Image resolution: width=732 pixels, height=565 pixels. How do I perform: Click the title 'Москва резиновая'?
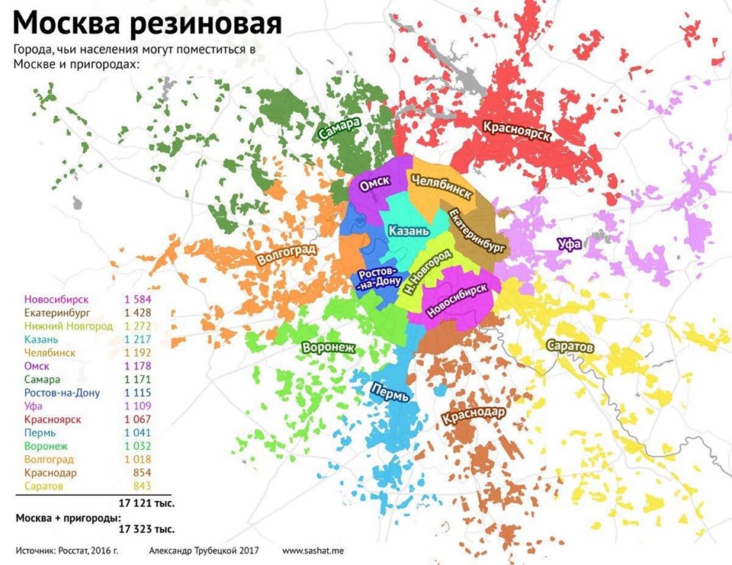click(x=147, y=23)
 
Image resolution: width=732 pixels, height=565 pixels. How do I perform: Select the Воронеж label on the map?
click(x=329, y=347)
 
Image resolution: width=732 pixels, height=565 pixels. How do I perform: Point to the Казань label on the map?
click(x=409, y=230)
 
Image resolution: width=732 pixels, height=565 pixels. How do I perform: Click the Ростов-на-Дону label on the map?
click(x=377, y=279)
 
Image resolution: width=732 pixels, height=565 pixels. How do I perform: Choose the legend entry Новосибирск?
click(x=57, y=299)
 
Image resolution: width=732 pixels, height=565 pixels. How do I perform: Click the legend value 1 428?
click(x=138, y=313)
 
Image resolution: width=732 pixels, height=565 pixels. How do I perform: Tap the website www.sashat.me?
click(x=313, y=550)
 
